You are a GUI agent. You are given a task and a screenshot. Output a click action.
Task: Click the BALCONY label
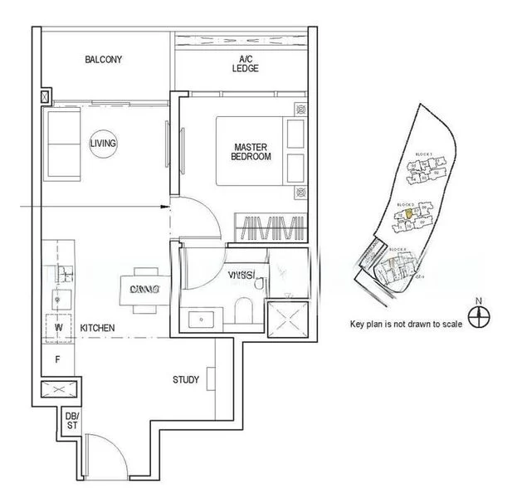point(104,60)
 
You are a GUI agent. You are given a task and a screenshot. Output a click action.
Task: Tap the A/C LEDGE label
point(246,63)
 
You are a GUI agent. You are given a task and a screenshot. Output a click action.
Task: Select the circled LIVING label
point(104,144)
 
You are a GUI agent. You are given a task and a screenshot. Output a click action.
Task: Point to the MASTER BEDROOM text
point(251,151)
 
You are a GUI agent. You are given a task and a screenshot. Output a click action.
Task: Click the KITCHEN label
point(97,329)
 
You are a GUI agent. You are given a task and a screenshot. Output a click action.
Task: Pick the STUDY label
point(186,380)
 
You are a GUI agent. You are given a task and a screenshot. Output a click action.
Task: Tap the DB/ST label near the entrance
point(71,421)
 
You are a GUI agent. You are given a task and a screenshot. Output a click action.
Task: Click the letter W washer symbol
point(58,328)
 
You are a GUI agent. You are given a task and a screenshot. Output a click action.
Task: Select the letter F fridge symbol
point(58,359)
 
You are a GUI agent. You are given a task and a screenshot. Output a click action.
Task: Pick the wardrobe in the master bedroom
point(268,227)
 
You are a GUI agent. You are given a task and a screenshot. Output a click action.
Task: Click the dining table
point(144,289)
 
